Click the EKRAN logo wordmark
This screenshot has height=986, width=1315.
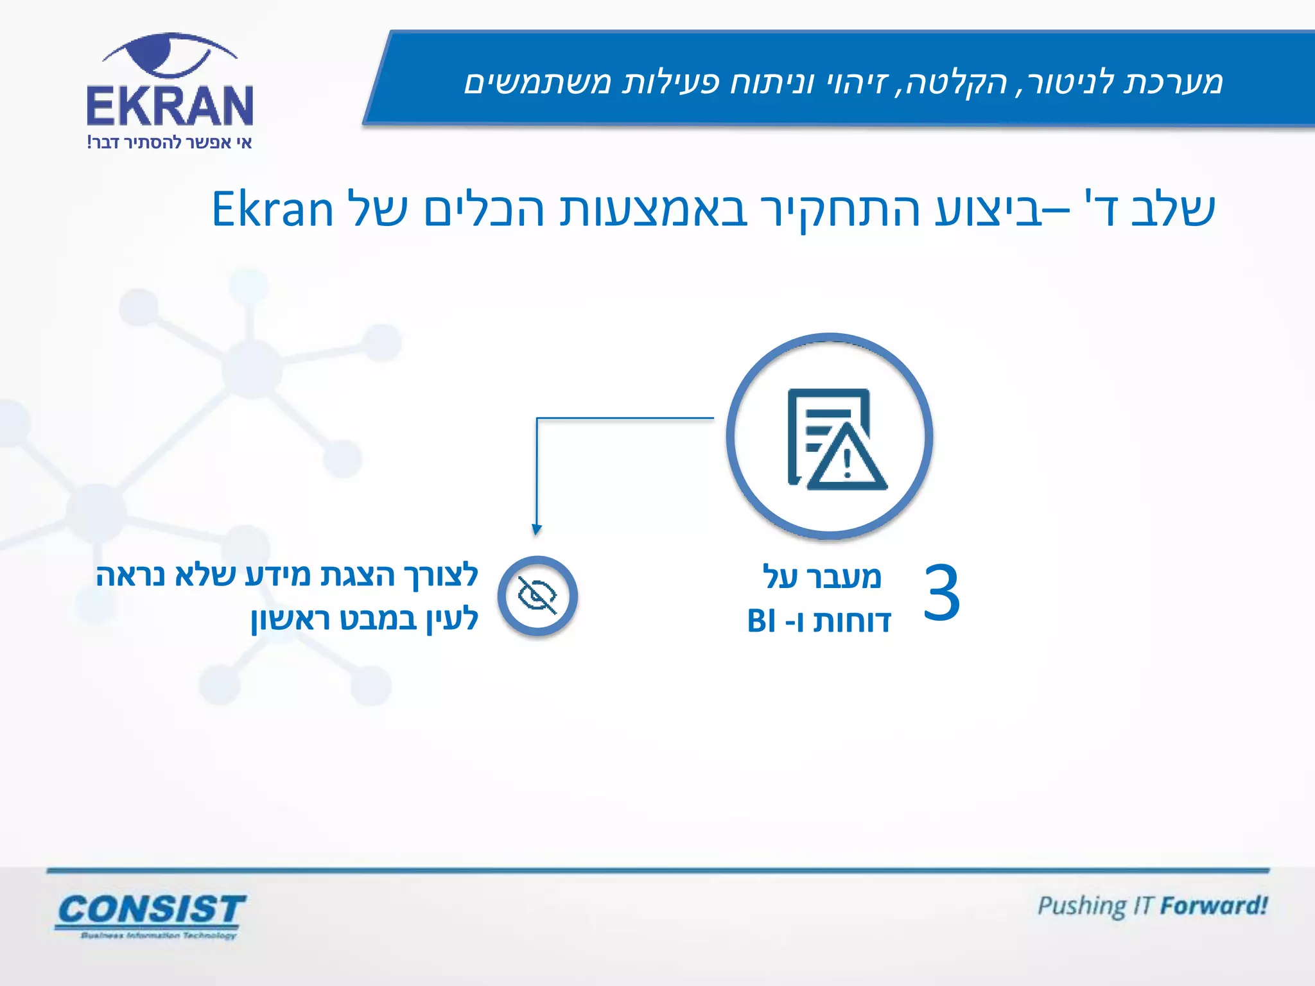(170, 105)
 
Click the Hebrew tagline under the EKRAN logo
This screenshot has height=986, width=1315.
(170, 143)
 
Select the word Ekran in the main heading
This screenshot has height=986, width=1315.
(273, 210)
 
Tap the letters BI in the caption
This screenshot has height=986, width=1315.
(762, 621)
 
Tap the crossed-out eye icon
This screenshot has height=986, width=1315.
(537, 596)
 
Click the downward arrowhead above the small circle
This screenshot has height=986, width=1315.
(537, 529)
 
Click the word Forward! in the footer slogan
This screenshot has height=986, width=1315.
(1214, 906)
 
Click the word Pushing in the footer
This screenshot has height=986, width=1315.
(1081, 906)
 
